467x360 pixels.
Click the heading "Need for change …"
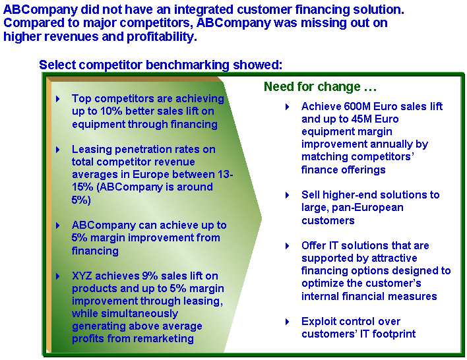(320, 86)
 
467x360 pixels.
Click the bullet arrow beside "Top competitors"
(58, 99)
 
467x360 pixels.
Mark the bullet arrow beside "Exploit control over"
(288, 322)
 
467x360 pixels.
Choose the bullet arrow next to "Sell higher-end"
(288, 195)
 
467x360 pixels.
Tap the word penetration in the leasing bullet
(142, 149)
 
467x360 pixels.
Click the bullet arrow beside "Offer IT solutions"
(288, 246)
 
